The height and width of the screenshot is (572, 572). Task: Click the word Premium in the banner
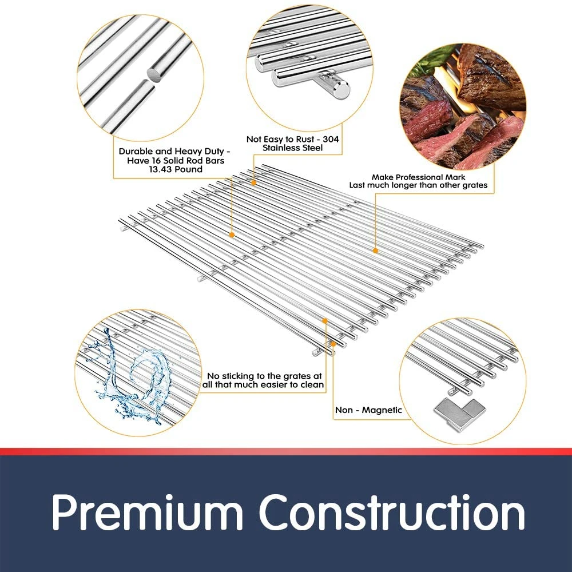point(147,512)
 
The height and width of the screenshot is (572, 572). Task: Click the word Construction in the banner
point(392,512)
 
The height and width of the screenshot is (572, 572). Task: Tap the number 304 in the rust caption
point(331,139)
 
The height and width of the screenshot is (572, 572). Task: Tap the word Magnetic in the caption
point(382,411)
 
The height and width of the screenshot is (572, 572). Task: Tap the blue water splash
point(132,376)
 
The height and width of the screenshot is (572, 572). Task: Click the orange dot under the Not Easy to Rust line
point(253,182)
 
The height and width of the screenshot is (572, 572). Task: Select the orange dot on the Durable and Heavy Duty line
point(231,235)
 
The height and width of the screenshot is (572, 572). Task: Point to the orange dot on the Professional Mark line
point(375,251)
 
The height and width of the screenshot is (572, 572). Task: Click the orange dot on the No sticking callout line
point(325,321)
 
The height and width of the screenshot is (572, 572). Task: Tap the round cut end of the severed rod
point(155,74)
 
